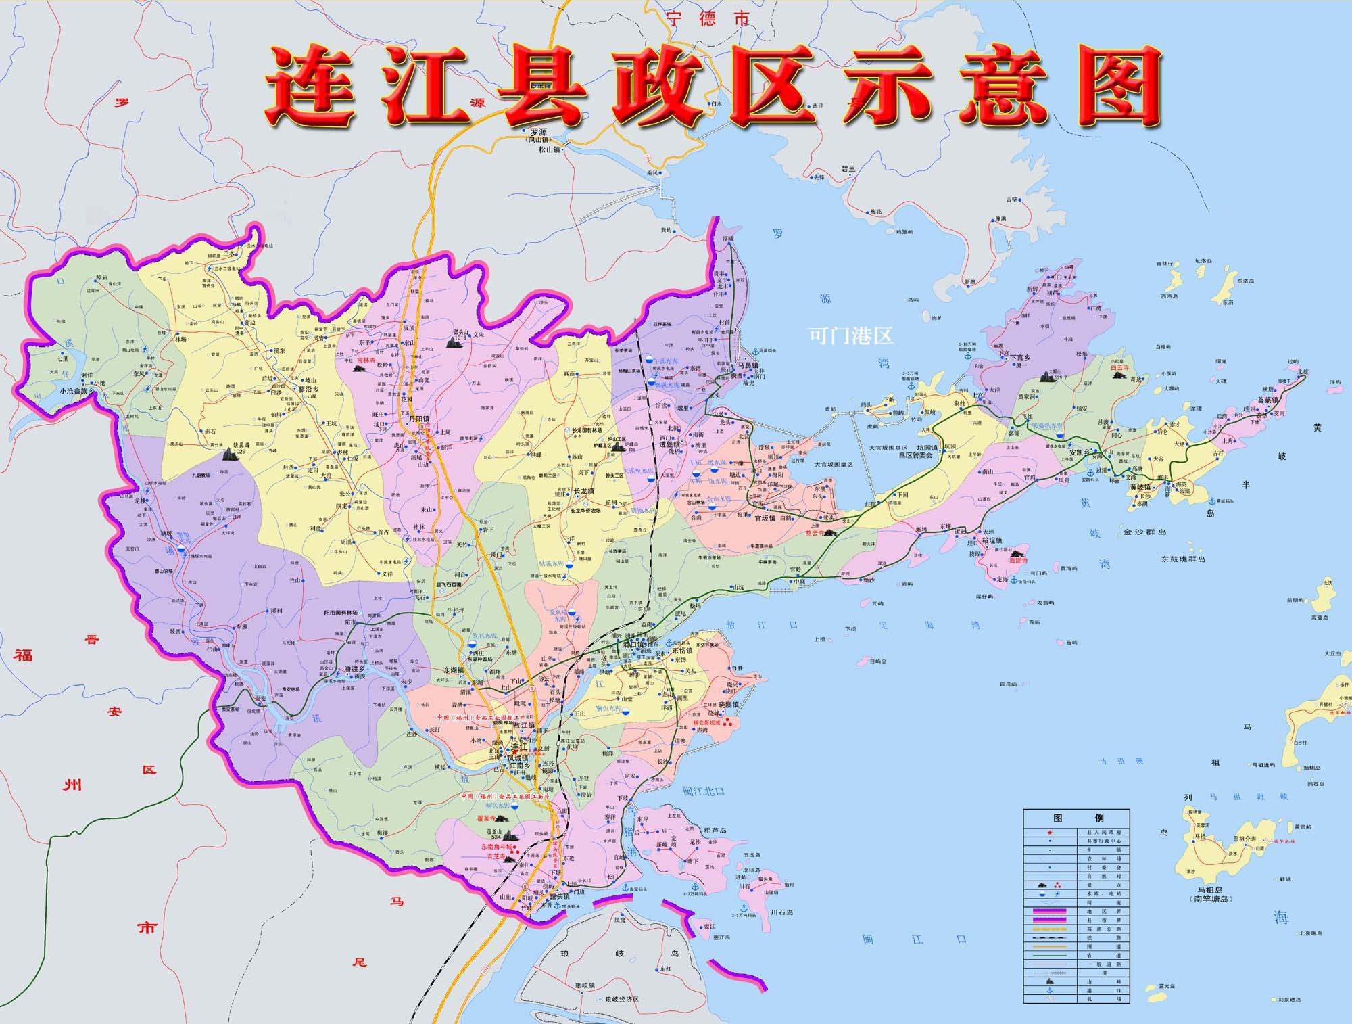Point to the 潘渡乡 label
pyautogui.click(x=354, y=668)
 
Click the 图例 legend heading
pyautogui.click(x=1075, y=818)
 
